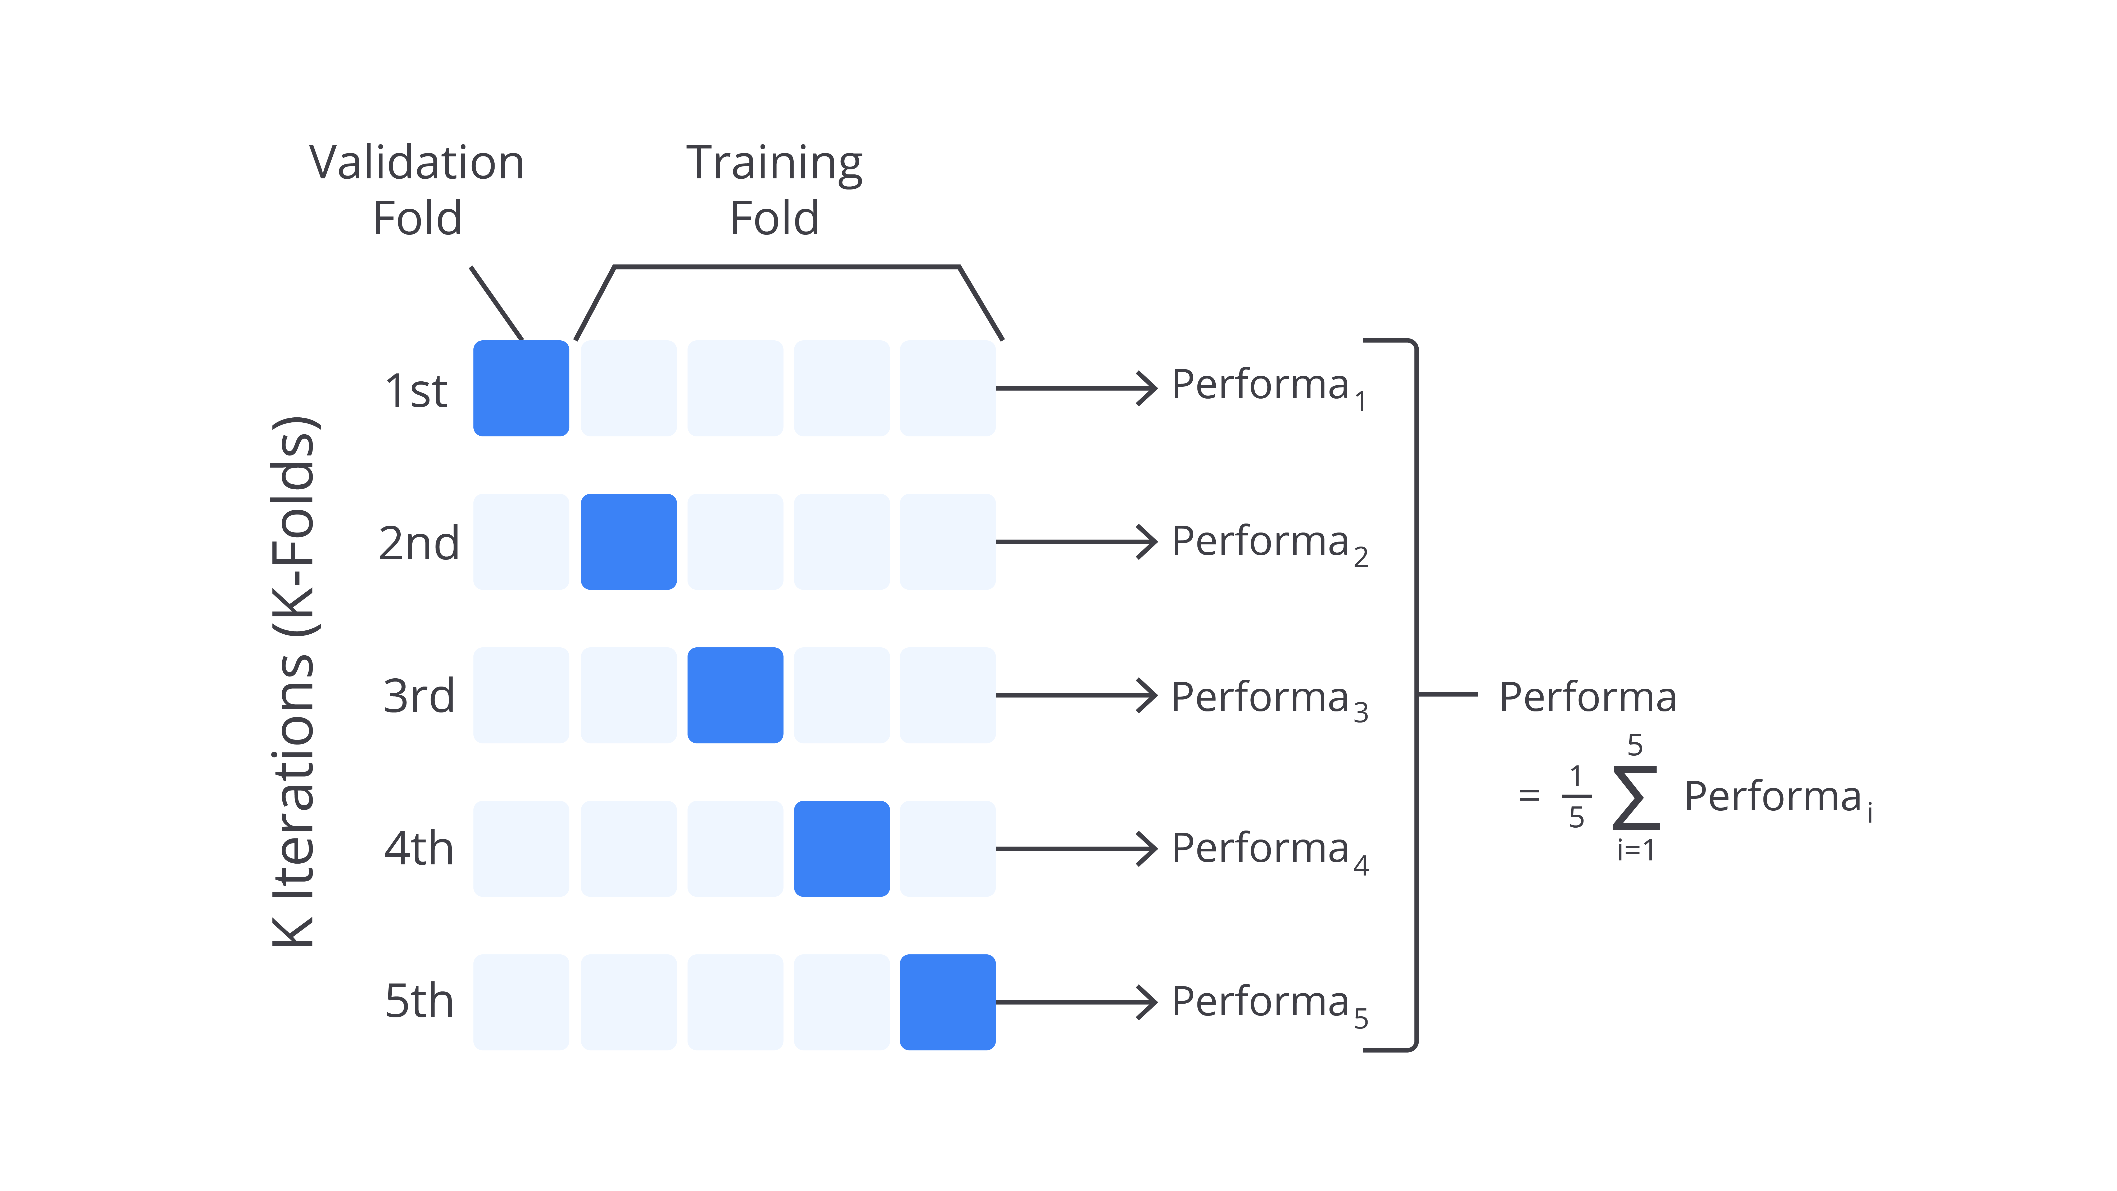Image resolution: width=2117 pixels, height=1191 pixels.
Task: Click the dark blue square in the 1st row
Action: [x=521, y=388]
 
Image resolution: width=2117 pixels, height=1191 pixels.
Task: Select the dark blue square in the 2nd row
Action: [x=629, y=542]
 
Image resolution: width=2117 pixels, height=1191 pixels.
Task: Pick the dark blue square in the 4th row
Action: [x=842, y=848]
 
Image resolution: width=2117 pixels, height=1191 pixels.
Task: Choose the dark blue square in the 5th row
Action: [x=948, y=1002]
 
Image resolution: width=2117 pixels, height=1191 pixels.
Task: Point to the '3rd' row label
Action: [x=418, y=696]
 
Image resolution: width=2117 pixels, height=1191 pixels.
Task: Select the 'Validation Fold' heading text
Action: [x=417, y=190]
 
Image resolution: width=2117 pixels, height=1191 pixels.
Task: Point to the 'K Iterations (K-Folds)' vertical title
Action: [x=293, y=682]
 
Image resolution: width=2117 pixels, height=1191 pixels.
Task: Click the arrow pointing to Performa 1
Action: [x=1076, y=388]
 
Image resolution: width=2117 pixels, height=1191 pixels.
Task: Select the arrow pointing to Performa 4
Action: [x=1076, y=848]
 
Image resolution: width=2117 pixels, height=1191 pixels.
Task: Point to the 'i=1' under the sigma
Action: [x=1635, y=850]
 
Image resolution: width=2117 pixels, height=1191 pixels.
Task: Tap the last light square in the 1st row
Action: [x=948, y=388]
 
